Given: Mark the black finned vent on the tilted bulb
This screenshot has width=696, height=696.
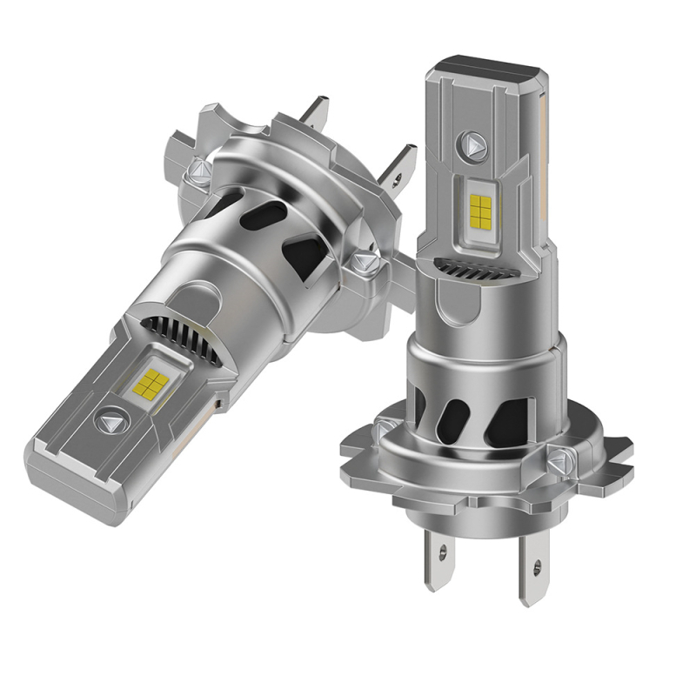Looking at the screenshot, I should [x=178, y=334].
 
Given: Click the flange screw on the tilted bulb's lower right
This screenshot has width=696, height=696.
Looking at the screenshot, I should [x=365, y=262].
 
